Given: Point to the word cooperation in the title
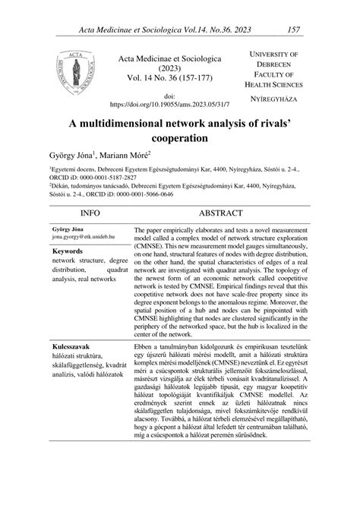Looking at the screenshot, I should [x=179, y=140].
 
